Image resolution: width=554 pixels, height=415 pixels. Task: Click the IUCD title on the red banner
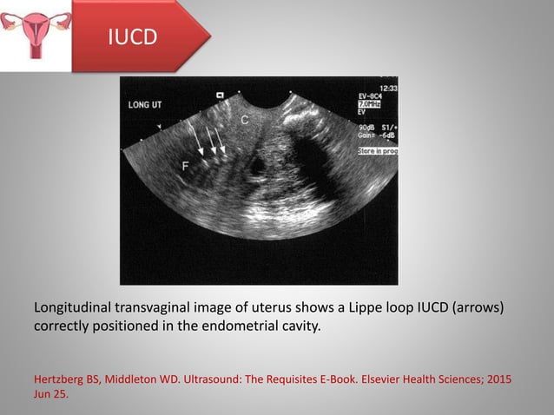coord(131,37)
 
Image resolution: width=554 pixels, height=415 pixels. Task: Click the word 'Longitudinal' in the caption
coord(73,309)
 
